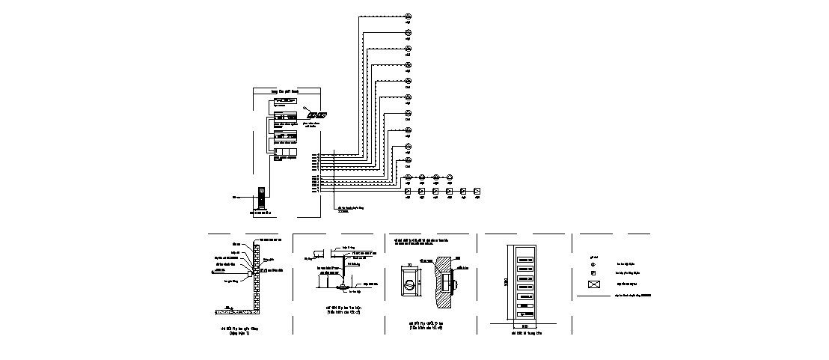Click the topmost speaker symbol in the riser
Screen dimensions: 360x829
409,16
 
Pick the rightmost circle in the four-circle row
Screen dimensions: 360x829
450,178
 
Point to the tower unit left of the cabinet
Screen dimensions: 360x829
261,198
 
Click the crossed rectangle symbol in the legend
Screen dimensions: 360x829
595,284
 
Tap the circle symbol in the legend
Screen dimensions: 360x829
593,263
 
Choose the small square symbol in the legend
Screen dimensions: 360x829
593,274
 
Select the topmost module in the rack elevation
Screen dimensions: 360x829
524,251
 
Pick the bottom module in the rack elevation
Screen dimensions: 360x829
524,315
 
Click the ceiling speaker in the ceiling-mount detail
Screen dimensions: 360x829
343,286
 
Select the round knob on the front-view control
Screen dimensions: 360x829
409,284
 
